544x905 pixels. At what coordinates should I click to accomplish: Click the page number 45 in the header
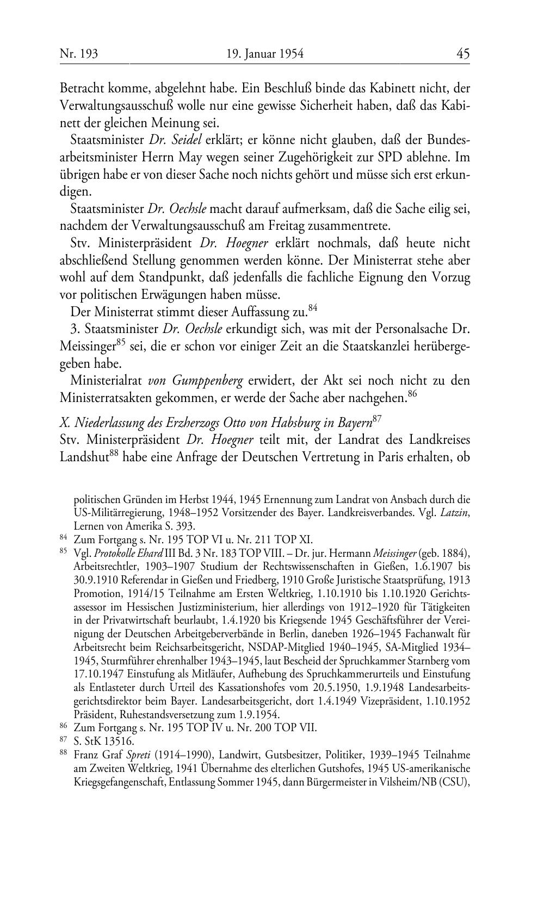click(463, 54)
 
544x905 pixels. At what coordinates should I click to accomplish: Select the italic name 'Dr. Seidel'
click(175, 140)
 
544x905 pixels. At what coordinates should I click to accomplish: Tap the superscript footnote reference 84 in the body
click(312, 308)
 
